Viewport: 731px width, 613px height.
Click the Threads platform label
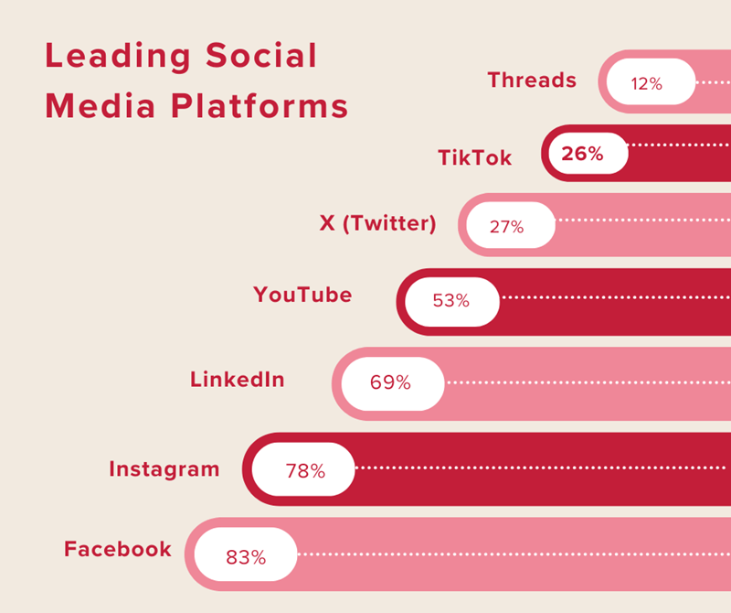(532, 81)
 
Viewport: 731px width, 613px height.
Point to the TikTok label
(474, 157)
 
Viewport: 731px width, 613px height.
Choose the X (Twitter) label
(377, 223)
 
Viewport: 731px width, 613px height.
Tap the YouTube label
(302, 295)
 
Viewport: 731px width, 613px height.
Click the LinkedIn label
(237, 379)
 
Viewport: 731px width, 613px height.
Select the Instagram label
(164, 469)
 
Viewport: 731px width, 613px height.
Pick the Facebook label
(118, 549)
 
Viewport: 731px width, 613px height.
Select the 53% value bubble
(452, 301)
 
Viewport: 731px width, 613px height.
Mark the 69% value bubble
(391, 382)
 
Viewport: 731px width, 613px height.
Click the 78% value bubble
(304, 471)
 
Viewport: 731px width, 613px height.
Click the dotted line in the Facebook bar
(512, 554)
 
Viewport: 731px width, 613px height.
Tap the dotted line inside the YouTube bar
(612, 297)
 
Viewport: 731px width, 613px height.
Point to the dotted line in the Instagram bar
(539, 468)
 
